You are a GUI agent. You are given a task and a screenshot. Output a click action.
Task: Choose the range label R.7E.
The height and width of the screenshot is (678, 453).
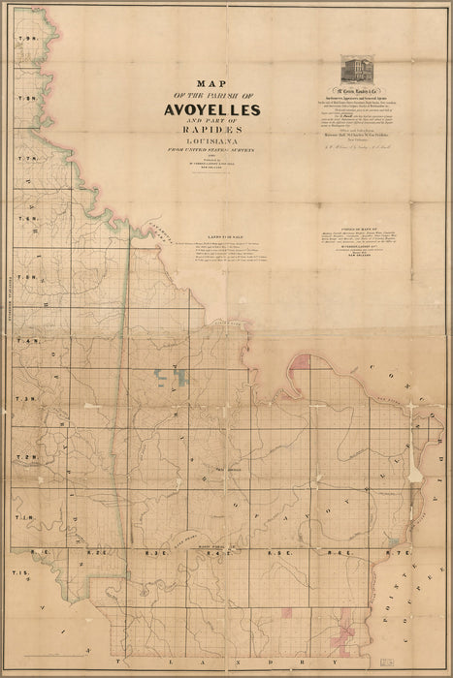[x=391, y=552]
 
